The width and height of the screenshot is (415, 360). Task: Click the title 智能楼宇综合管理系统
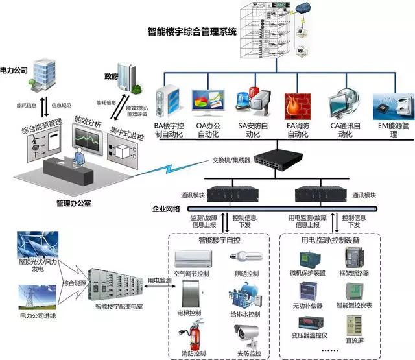[193, 30]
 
